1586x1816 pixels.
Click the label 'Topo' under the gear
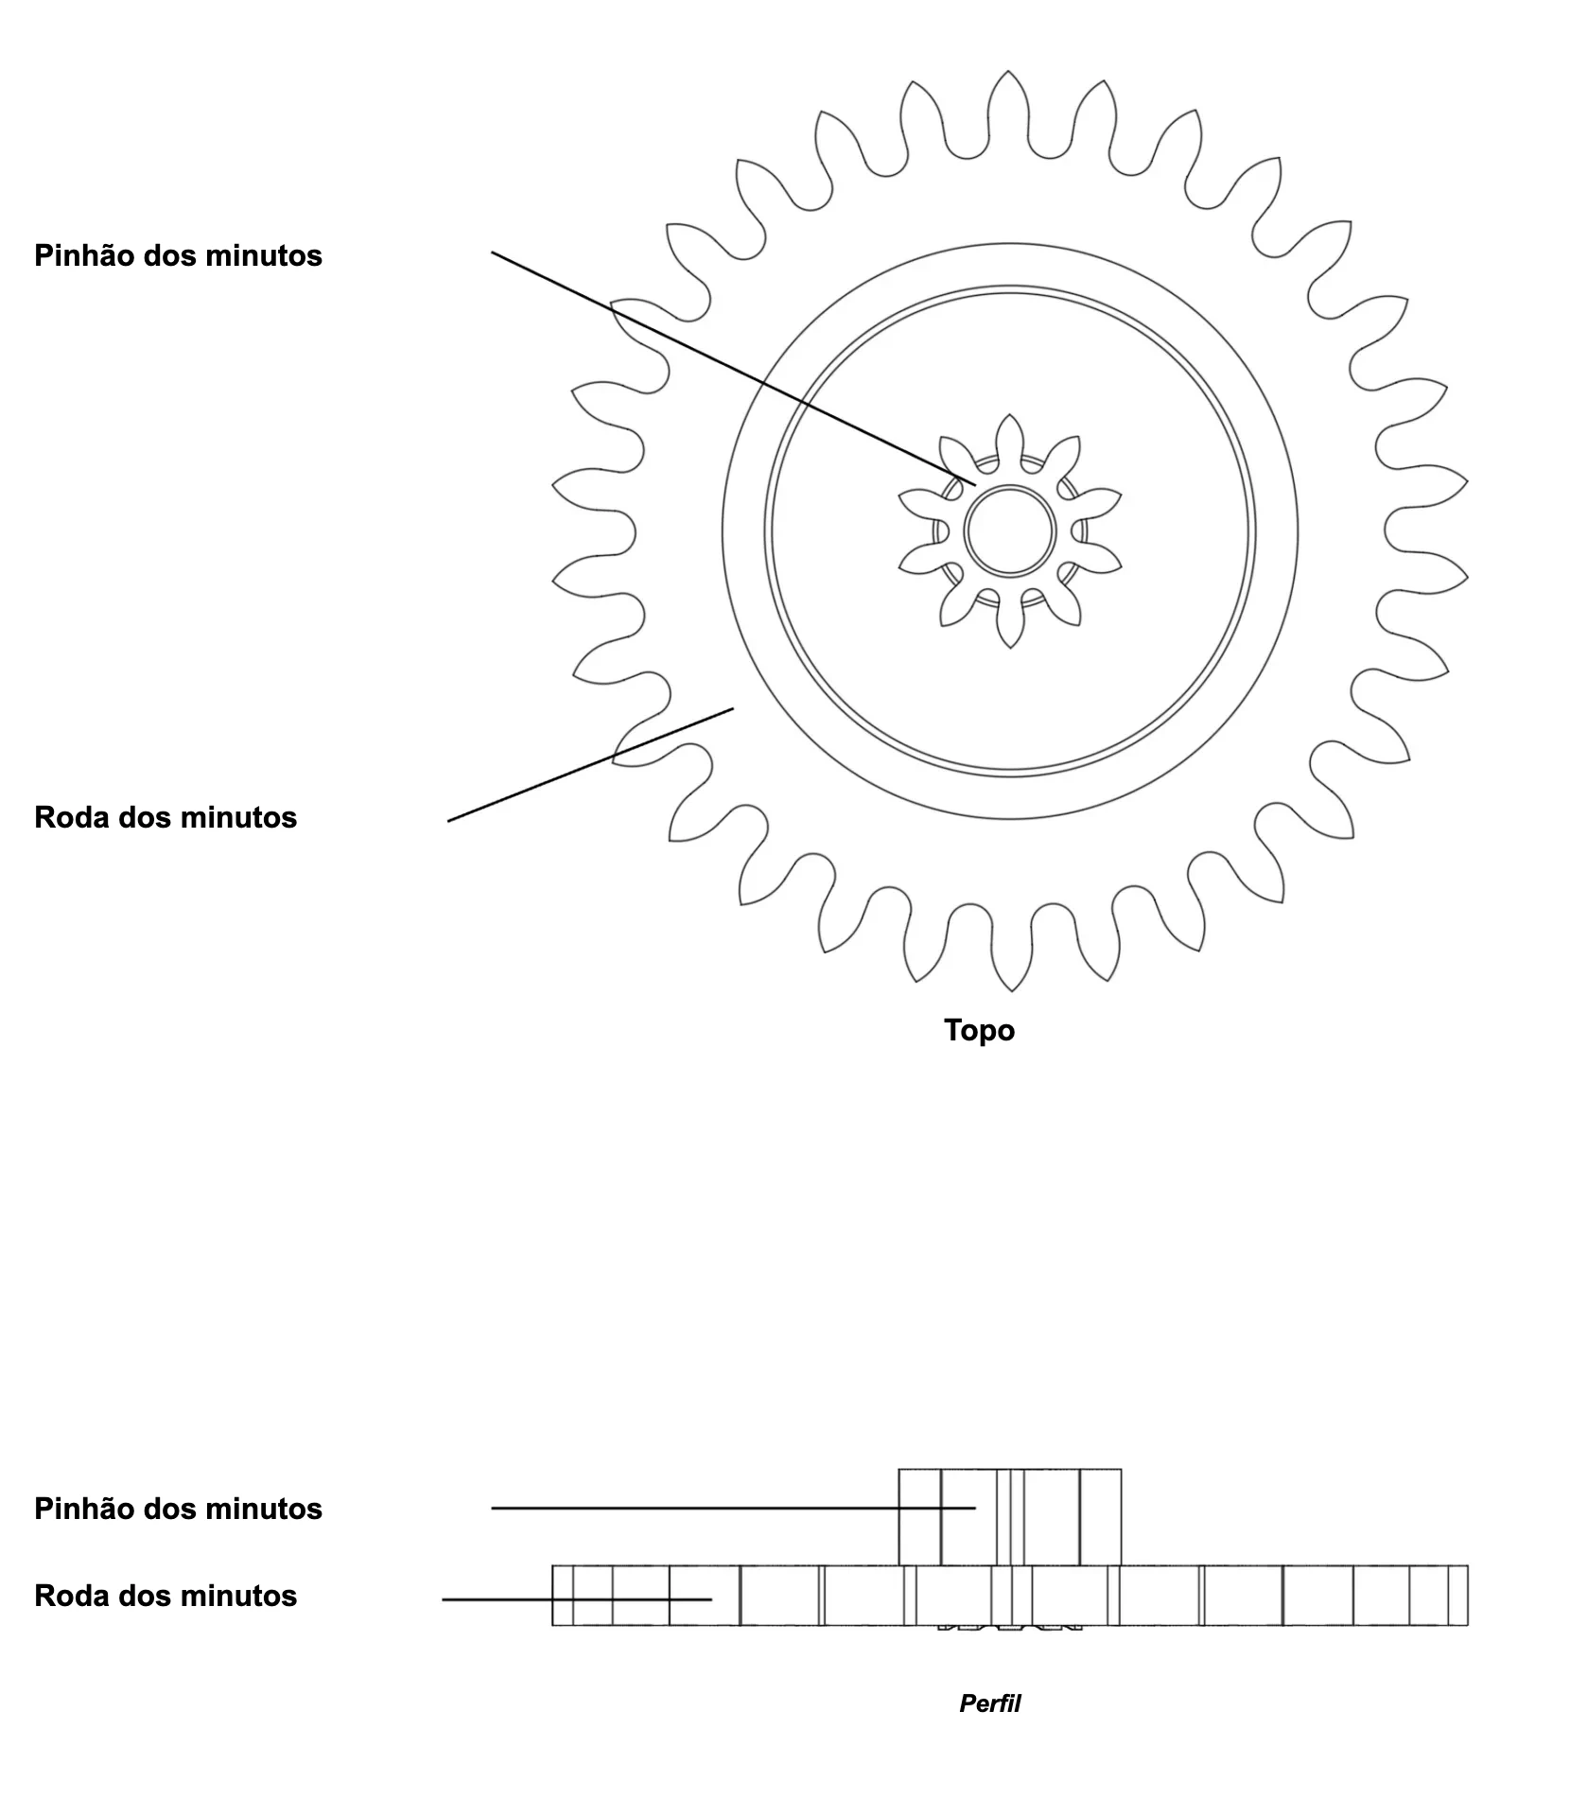pos(979,1030)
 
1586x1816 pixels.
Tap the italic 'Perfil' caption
pos(989,1703)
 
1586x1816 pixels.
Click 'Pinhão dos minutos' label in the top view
pos(178,255)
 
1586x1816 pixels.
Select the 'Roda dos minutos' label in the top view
pos(166,817)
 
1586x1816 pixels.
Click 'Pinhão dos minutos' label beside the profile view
pos(178,1509)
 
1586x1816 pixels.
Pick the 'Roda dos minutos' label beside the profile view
pos(166,1596)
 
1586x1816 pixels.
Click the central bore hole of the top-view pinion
pos(1010,531)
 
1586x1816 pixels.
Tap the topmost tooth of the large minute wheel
pos(1009,104)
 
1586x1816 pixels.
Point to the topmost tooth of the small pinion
pos(1010,437)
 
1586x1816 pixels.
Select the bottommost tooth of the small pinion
pos(1010,624)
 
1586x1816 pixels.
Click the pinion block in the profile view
pos(1009,1517)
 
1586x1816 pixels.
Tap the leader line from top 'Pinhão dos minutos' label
pos(734,368)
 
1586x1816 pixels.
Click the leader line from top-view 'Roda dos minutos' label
pos(590,764)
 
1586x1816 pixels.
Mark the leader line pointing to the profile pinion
pos(733,1508)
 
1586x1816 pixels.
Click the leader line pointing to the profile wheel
pos(577,1599)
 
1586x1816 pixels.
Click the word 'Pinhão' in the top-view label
pos(84,255)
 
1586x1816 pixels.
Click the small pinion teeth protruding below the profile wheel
pos(1009,1628)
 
